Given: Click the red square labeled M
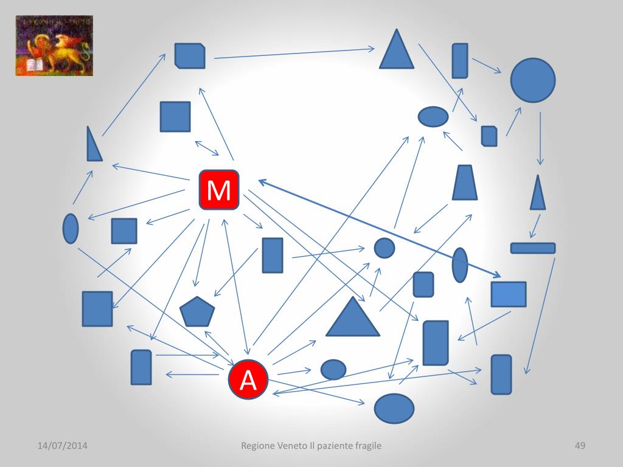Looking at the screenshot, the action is coord(219,190).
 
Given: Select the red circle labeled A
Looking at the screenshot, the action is coord(248,380).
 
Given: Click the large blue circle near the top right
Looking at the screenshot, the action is coord(532,80).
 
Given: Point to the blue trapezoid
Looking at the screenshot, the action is coord(465,183).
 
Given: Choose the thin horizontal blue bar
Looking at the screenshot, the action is coord(532,248).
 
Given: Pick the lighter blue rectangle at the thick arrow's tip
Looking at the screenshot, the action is coord(509,294).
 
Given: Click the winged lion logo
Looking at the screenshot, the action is coord(54,46).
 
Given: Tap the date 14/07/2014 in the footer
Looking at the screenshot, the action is coord(62,446).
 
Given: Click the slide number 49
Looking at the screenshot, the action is coord(580,446).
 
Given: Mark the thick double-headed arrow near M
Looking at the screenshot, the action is coord(377,227).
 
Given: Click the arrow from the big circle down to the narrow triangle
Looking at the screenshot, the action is coord(540,139).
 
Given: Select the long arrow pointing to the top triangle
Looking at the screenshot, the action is coord(294,54).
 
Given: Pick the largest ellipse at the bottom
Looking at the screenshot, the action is coord(394,408).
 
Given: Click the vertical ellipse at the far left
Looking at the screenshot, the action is coord(71,229).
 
